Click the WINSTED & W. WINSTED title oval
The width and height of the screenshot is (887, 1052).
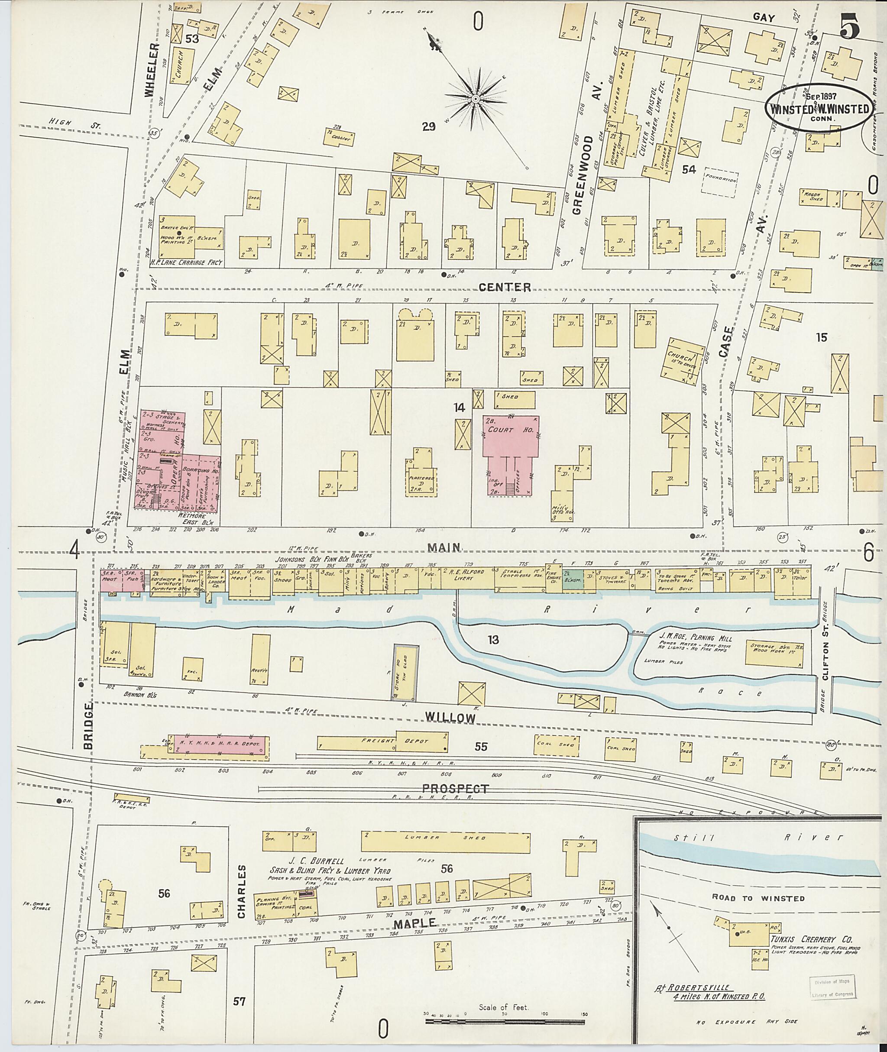coord(819,109)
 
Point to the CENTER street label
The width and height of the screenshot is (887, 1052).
coord(504,287)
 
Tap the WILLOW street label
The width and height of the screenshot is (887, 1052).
coord(450,718)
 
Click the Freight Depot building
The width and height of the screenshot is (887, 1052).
coord(382,742)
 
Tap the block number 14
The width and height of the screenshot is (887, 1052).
coord(459,408)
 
